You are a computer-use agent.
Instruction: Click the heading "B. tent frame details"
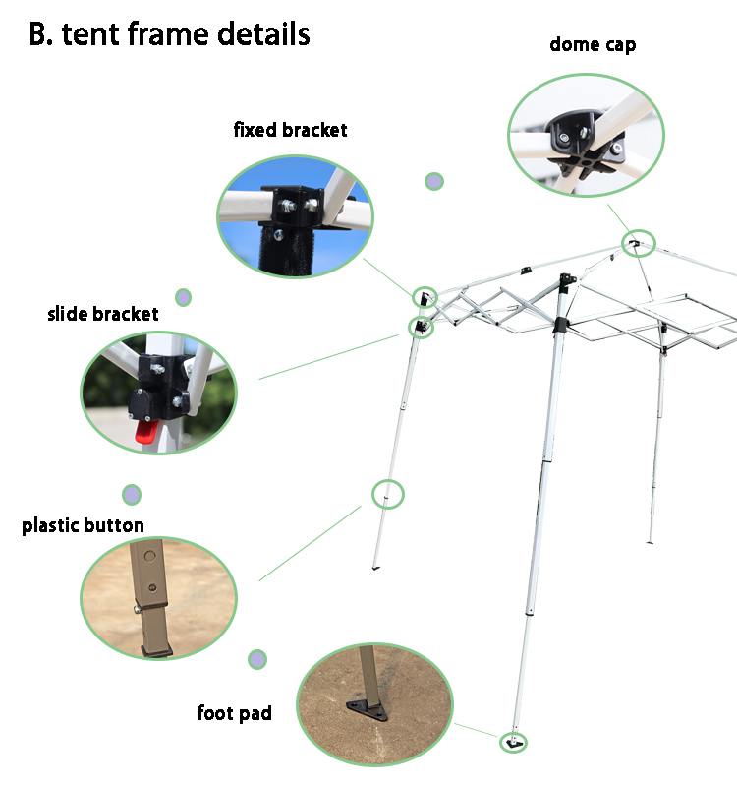coord(169,34)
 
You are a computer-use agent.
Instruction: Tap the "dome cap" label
coord(593,44)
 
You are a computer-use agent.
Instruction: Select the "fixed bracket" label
coord(290,130)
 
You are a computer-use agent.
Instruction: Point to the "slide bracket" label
coord(103,315)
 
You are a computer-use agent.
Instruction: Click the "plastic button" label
coord(83,525)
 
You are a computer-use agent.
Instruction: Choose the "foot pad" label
coord(234,713)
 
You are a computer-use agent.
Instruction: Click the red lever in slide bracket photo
coord(144,431)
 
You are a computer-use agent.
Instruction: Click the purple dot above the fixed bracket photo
coord(433,181)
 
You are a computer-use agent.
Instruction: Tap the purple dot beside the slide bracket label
coord(183,297)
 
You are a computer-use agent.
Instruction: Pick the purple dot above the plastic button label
coord(132,494)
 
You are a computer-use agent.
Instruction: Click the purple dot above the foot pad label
coord(257,659)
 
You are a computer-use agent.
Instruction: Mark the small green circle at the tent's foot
coord(512,742)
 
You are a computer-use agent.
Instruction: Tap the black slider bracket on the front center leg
coord(560,325)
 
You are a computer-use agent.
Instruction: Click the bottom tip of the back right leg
coord(651,540)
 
